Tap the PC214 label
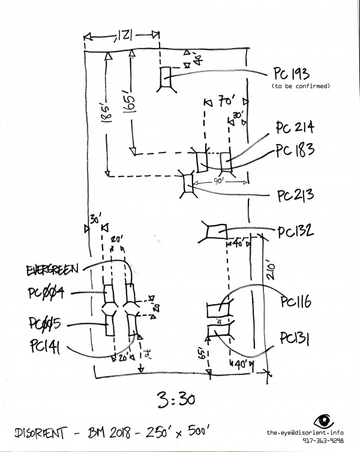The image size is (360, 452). pos(295,128)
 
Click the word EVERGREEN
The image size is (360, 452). pos(53,271)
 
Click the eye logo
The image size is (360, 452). pos(325,421)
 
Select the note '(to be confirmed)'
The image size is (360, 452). pos(301,87)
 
